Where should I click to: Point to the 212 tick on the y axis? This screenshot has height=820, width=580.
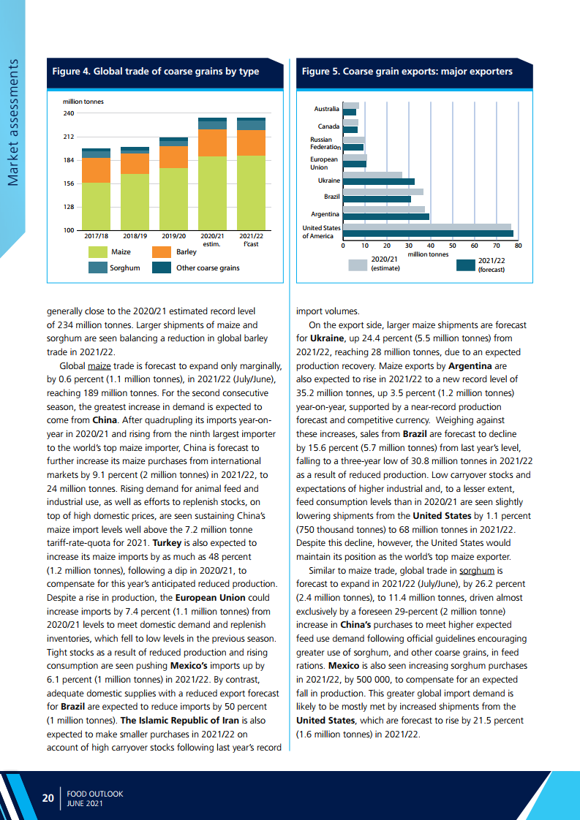(x=68, y=137)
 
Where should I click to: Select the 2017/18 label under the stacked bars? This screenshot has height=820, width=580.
(x=96, y=236)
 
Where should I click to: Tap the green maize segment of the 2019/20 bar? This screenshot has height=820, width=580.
(x=173, y=199)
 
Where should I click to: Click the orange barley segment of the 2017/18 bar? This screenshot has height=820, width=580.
(x=96, y=170)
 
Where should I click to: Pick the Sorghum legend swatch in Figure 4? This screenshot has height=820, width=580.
(x=97, y=267)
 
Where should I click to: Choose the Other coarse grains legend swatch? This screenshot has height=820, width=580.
(x=162, y=267)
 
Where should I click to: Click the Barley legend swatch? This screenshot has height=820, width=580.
(x=162, y=252)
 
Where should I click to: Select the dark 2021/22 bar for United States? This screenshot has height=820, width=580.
(x=428, y=234)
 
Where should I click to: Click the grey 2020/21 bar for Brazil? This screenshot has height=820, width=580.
(x=383, y=191)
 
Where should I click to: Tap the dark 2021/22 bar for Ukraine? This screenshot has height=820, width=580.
(x=378, y=181)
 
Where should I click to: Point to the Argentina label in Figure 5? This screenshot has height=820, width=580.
(x=325, y=214)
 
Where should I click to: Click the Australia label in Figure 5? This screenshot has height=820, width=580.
(x=327, y=109)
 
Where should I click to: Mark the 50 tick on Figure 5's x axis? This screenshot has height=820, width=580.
(x=453, y=246)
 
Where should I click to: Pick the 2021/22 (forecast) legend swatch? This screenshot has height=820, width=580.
(x=465, y=265)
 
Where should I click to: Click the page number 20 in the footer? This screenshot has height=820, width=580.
(x=48, y=798)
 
